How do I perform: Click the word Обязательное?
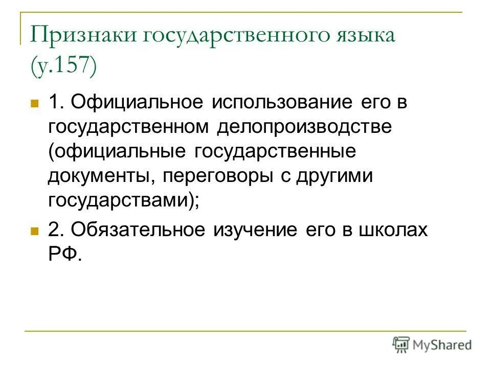pyautogui.click(x=138, y=230)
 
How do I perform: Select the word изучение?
pyautogui.click(x=256, y=230)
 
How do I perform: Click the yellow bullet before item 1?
pyautogui.click(x=35, y=103)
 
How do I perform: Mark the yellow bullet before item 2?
pyautogui.click(x=35, y=232)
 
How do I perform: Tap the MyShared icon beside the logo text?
pyautogui.click(x=401, y=344)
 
